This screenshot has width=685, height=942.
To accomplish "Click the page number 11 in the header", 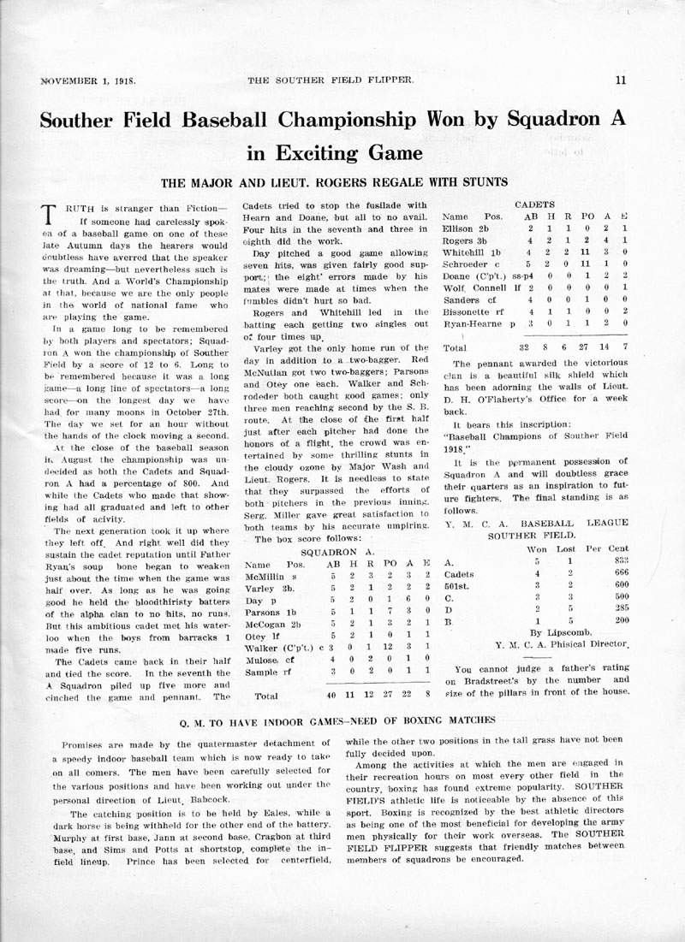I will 621,80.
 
